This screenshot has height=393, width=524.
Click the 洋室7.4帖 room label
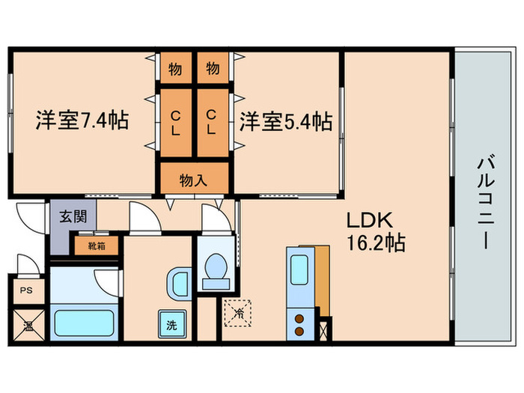click(81, 120)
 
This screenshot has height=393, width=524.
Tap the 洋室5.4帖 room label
click(285, 120)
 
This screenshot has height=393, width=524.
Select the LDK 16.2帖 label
click(374, 233)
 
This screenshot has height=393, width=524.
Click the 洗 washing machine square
click(171, 326)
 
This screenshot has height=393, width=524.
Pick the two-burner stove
click(299, 323)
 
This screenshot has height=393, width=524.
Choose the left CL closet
click(175, 123)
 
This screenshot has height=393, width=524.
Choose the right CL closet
click(212, 123)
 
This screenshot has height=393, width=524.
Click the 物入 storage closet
click(193, 180)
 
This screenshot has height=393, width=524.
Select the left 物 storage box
click(175, 70)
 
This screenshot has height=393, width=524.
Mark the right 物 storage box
click(213, 70)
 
